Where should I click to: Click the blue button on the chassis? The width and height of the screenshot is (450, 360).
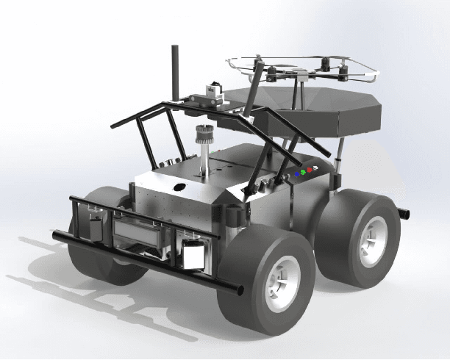coord(297,174)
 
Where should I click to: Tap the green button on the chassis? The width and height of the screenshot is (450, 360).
coord(303,172)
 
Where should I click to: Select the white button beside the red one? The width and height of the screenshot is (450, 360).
coord(315,168)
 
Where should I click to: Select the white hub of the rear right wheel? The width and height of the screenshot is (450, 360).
coord(371,240)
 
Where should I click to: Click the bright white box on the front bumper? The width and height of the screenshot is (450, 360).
coord(193,254)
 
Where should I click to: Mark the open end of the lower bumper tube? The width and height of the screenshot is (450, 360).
coord(239,290)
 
